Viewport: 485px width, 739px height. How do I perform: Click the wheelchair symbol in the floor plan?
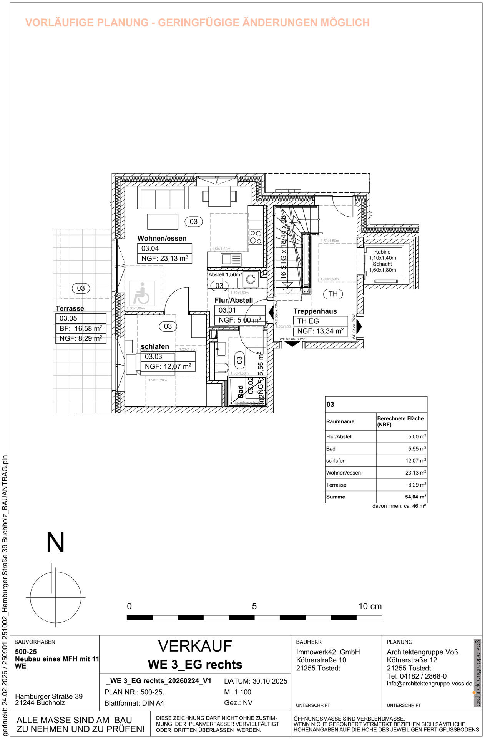(x=141, y=294)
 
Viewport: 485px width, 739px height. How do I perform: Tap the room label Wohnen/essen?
(x=162, y=238)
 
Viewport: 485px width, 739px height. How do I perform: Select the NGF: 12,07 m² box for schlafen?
(x=168, y=366)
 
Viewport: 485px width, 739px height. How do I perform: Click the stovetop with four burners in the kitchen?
(x=256, y=237)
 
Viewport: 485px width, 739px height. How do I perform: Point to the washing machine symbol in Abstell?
(x=251, y=279)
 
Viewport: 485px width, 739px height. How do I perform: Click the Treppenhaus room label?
(x=315, y=311)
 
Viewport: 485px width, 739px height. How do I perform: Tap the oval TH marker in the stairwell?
(x=333, y=294)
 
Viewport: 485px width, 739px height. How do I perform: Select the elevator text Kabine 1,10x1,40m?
(x=382, y=255)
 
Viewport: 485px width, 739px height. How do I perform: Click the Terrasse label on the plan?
(x=70, y=308)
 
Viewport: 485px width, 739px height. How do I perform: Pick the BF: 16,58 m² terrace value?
(x=81, y=328)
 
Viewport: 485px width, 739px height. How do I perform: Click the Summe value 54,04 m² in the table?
(x=415, y=497)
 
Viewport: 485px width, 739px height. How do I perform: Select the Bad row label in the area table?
(x=331, y=449)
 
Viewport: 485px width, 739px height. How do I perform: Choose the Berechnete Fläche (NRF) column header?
(x=400, y=421)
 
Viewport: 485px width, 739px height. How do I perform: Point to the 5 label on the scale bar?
(x=254, y=606)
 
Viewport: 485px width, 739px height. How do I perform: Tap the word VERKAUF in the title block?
(x=195, y=646)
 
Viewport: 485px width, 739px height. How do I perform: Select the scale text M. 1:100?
(x=238, y=692)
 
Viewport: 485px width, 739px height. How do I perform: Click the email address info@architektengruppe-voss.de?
(x=429, y=684)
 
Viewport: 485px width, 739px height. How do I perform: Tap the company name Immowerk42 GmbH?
(x=328, y=652)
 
